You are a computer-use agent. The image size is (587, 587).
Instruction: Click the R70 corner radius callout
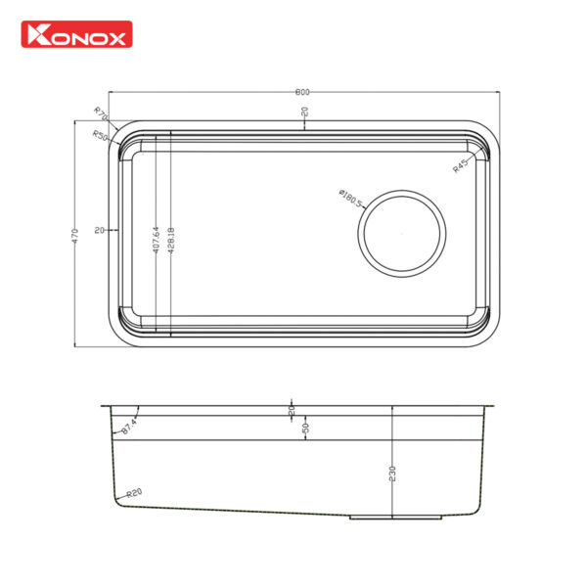click(101, 114)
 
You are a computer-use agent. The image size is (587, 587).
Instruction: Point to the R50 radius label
click(99, 135)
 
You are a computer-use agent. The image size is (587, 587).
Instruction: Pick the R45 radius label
click(460, 165)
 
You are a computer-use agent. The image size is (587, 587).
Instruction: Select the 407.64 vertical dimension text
click(156, 236)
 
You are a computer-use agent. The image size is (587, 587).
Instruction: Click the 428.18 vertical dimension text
click(171, 236)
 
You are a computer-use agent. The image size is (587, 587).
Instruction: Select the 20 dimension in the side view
click(293, 412)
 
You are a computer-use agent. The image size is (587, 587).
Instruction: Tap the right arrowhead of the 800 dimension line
click(497, 92)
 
